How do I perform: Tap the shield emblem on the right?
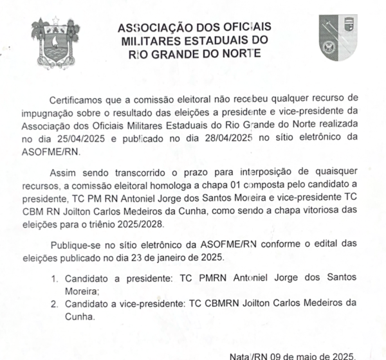point(338,37)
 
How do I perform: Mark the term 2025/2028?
point(142,222)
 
